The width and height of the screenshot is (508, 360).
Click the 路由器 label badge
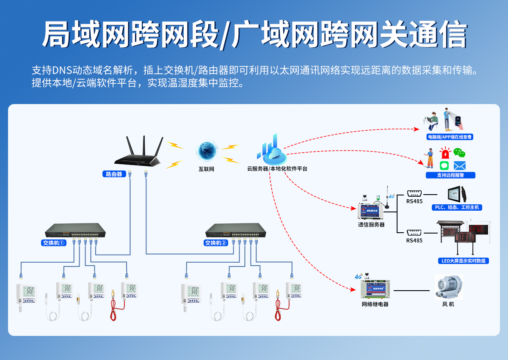[x=114, y=174]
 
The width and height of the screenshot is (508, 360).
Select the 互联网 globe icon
[x=207, y=151]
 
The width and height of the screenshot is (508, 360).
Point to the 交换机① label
[x=54, y=243]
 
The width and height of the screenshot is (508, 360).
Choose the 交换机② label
[x=216, y=243]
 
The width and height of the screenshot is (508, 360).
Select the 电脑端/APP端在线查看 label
[x=450, y=137]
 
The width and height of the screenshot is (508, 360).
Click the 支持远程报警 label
[x=450, y=175]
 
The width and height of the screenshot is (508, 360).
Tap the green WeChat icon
[x=459, y=153]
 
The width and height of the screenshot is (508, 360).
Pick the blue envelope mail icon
[x=459, y=165]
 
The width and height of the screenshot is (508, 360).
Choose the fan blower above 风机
[x=448, y=287]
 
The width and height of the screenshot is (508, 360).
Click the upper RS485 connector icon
[x=414, y=193]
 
